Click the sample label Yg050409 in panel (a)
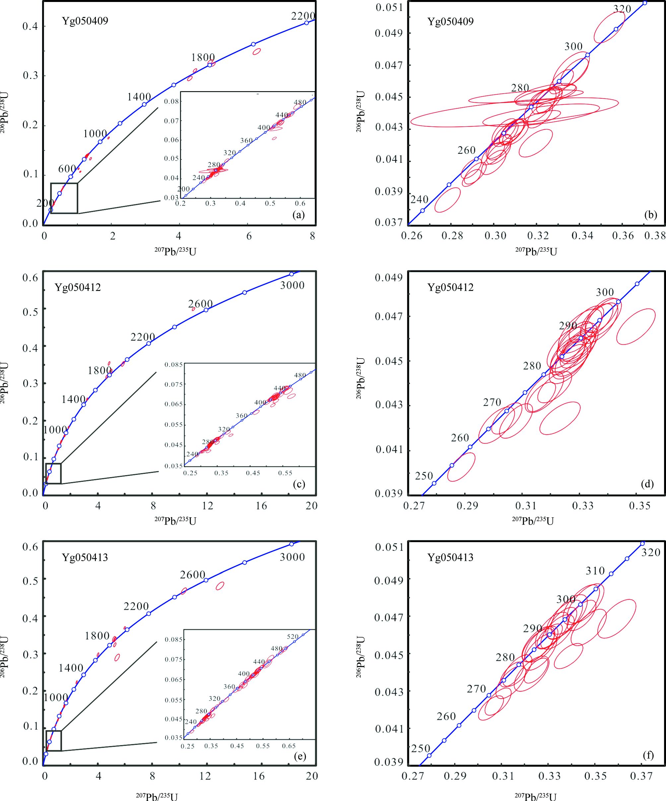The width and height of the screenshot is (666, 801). pyautogui.click(x=85, y=21)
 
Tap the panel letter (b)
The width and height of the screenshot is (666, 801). pyautogui.click(x=650, y=215)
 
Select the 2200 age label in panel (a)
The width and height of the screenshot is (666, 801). pyautogui.click(x=303, y=16)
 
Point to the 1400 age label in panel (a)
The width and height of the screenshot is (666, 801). pyautogui.click(x=139, y=97)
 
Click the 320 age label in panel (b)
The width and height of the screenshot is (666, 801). pyautogui.click(x=622, y=9)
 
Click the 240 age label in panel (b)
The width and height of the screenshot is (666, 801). pyautogui.click(x=420, y=199)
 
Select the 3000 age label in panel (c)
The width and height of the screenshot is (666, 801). pyautogui.click(x=292, y=285)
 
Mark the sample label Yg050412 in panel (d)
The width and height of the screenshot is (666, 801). pyautogui.click(x=450, y=287)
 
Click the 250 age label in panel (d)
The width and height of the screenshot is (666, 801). pyautogui.click(x=424, y=476)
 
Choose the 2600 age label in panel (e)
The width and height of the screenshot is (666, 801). pyautogui.click(x=193, y=574)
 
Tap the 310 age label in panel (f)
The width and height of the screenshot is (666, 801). pyautogui.click(x=595, y=571)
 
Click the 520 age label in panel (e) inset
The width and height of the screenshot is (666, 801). pyautogui.click(x=293, y=637)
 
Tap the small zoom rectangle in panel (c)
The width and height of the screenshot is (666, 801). pyautogui.click(x=53, y=473)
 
